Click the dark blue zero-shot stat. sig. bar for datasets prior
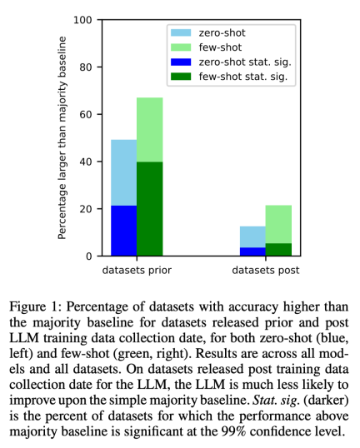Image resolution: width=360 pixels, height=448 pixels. (x=123, y=231)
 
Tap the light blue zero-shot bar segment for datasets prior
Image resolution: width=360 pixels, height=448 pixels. (x=123, y=172)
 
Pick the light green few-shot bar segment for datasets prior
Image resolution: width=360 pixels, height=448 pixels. (x=149, y=130)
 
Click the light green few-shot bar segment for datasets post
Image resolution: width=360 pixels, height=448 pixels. (x=278, y=224)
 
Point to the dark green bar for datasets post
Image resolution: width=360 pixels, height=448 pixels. (x=278, y=250)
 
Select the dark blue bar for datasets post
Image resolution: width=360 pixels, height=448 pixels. (x=252, y=251)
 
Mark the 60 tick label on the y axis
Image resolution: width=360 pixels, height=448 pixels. (x=83, y=114)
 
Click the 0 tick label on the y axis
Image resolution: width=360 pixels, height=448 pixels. (x=87, y=256)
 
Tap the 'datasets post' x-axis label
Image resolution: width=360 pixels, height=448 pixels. (x=266, y=271)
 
